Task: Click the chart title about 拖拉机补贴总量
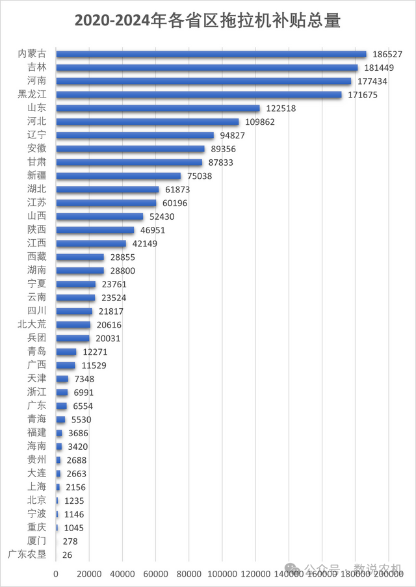207,21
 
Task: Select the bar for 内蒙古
211,55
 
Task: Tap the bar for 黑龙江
199,95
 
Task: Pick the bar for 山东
158,109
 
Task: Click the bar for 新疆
118,176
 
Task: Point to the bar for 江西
91,244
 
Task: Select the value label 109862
260,122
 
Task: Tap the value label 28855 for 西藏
123,257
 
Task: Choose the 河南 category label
36,81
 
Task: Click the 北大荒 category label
32,325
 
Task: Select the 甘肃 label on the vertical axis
36,163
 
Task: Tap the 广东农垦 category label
27,554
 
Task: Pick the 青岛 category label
36,352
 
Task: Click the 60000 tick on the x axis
155,575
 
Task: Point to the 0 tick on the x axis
56,575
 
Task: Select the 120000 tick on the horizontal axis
255,575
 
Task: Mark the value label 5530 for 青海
83,420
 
